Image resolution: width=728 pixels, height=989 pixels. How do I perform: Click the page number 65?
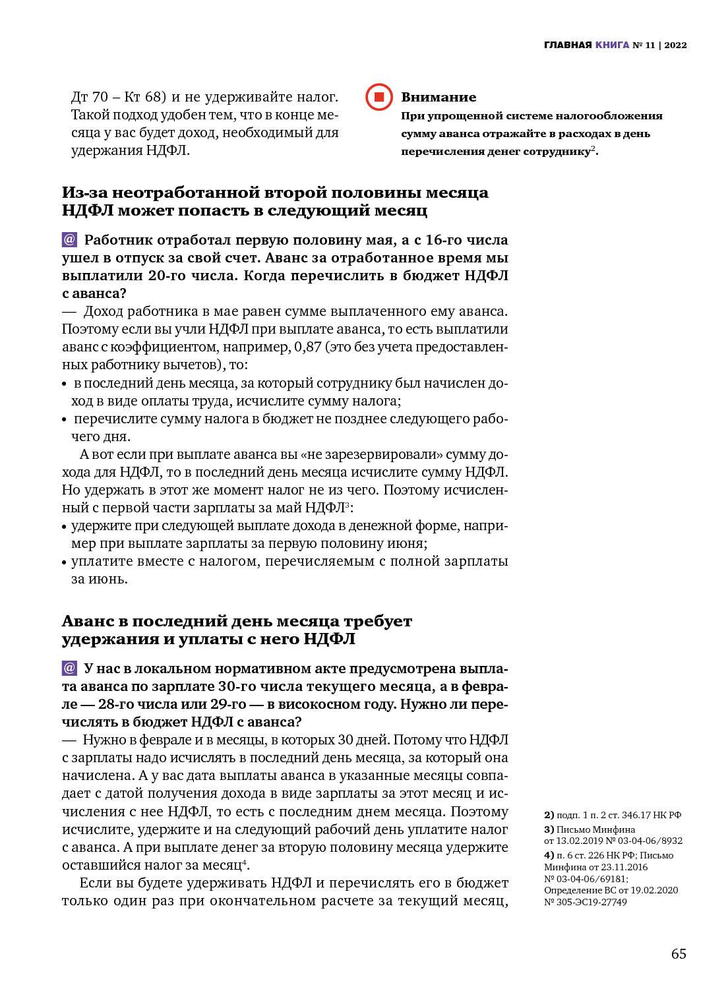pyautogui.click(x=679, y=954)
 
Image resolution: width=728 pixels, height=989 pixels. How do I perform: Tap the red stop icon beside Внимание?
pyautogui.click(x=379, y=97)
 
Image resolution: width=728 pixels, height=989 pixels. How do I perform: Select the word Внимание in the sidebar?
pyautogui.click(x=439, y=97)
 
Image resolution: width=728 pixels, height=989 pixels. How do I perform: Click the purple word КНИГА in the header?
pyautogui.click(x=612, y=45)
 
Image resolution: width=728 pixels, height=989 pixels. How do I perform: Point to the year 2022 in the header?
pyautogui.click(x=675, y=45)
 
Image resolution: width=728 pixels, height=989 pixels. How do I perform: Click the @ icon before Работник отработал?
pyautogui.click(x=69, y=239)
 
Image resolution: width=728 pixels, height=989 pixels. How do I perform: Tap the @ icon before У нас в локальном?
pyautogui.click(x=69, y=668)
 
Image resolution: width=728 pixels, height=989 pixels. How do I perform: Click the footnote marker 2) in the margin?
pyautogui.click(x=549, y=815)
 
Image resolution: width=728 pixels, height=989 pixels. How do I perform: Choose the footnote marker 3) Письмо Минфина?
pyautogui.click(x=549, y=829)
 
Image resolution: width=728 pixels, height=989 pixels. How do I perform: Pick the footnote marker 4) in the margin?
pyautogui.click(x=549, y=855)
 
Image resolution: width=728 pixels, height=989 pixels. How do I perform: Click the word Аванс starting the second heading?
pyautogui.click(x=94, y=621)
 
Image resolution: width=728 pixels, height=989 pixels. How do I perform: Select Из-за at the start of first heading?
pyautogui.click(x=84, y=193)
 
